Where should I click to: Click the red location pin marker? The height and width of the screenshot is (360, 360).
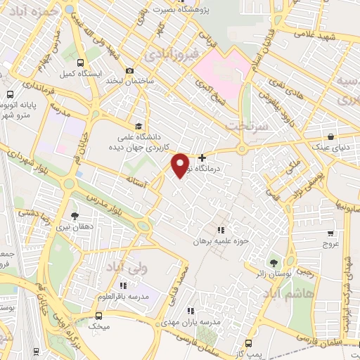pyautogui.click(x=181, y=165)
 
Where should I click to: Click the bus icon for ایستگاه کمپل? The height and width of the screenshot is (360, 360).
pyautogui.click(x=82, y=63)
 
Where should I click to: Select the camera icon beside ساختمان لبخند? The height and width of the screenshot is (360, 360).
pyautogui.click(x=129, y=70)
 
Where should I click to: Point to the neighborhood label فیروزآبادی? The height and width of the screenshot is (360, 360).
pyautogui.click(x=167, y=53)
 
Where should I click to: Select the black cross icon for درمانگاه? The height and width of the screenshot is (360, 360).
pyautogui.click(x=203, y=157)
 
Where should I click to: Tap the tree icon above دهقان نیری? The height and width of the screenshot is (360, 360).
pyautogui.click(x=75, y=216)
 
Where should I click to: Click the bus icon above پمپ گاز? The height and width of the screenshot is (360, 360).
pyautogui.click(x=248, y=343)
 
